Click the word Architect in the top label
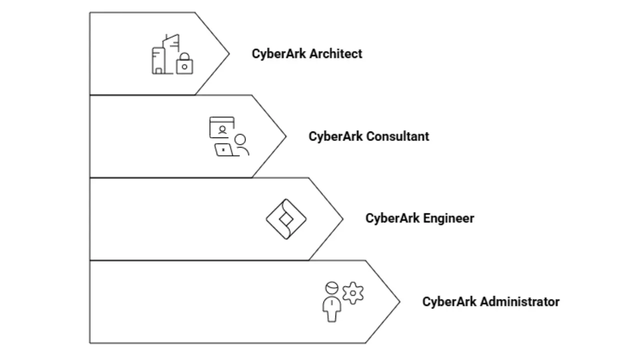[335, 54]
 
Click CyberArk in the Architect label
[278, 54]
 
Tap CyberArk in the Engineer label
[392, 218]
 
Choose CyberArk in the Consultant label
[335, 136]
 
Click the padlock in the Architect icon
[184, 64]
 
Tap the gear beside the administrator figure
[353, 293]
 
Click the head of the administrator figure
[332, 288]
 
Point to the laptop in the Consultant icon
[223, 149]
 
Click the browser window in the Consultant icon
[222, 127]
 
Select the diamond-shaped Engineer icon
[285, 219]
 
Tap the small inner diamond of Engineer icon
[285, 219]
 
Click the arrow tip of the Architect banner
[228, 53]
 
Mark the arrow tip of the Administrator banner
[398, 301]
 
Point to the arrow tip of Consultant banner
[285, 136]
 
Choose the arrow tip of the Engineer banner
[342, 218]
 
